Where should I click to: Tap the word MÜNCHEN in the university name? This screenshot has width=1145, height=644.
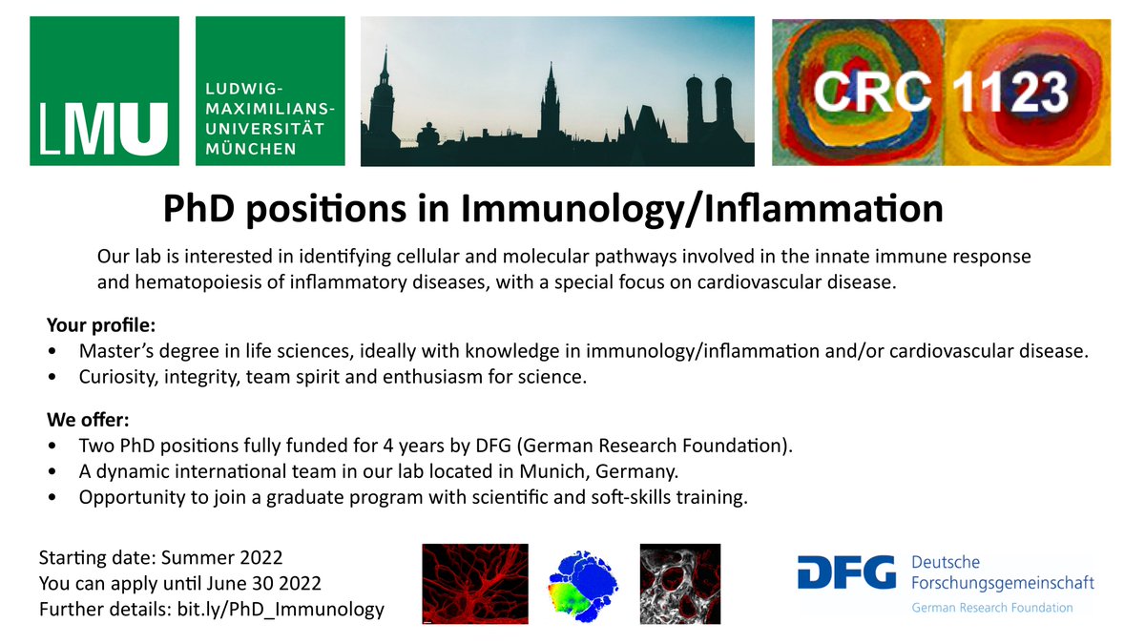(x=251, y=149)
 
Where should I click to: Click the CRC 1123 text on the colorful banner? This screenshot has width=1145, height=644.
(x=941, y=92)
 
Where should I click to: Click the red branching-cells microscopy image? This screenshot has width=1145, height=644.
(x=475, y=585)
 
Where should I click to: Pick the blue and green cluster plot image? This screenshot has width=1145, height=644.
(x=583, y=585)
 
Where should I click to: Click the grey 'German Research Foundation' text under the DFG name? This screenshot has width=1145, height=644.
(x=991, y=608)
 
